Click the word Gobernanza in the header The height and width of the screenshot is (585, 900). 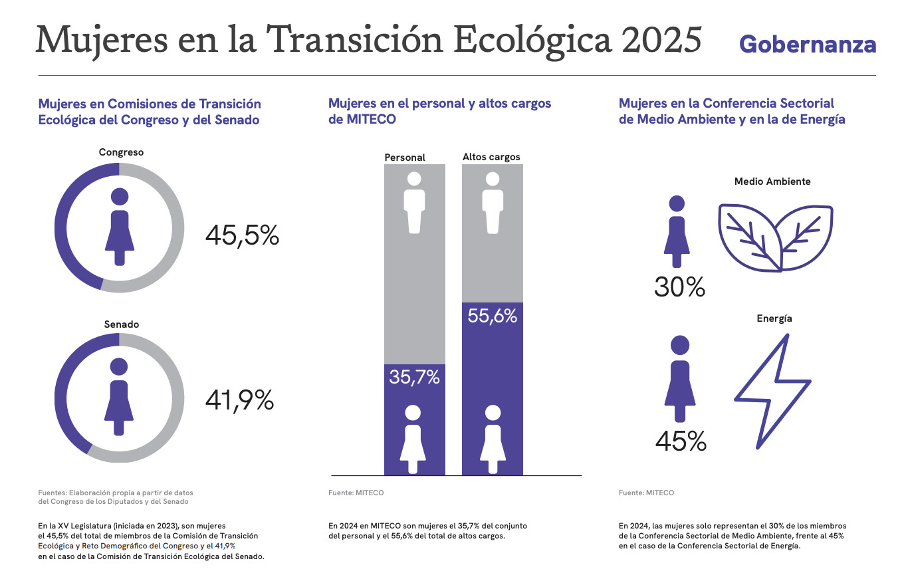pos(808,44)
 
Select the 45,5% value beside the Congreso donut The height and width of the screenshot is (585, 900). pos(242,235)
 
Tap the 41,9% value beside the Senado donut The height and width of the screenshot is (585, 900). pos(240,400)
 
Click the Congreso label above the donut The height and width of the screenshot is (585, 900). pos(121,152)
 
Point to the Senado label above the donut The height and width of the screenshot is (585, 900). pos(122,324)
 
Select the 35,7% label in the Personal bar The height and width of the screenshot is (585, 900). pos(415,378)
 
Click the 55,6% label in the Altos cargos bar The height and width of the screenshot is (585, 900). pos(492,316)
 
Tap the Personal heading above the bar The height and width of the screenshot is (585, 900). pos(405,158)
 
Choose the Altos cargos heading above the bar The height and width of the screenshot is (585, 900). pos(491,157)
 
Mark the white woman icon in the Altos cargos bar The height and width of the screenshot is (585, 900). pos(492,439)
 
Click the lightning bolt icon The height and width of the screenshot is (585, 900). pos(773,392)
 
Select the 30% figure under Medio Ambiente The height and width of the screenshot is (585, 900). pos(679,287)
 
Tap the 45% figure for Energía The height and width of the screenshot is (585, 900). pos(681,441)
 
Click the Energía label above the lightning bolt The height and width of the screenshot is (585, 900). pos(774,318)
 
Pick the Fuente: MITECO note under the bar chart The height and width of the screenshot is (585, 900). pos(356,493)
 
